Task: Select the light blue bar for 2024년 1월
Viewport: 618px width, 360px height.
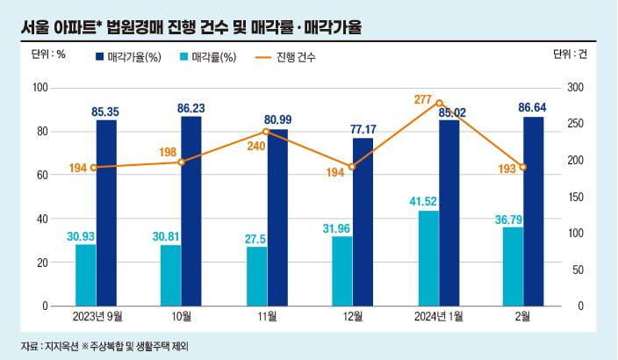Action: (x=428, y=258)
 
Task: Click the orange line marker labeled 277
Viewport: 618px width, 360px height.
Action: (x=439, y=103)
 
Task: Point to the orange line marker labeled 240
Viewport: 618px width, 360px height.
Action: (x=266, y=131)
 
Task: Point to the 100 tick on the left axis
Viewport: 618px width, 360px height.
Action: (x=39, y=88)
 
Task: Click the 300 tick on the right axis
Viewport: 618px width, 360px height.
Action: (x=576, y=88)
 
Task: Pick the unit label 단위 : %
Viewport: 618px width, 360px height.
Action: (x=48, y=54)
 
